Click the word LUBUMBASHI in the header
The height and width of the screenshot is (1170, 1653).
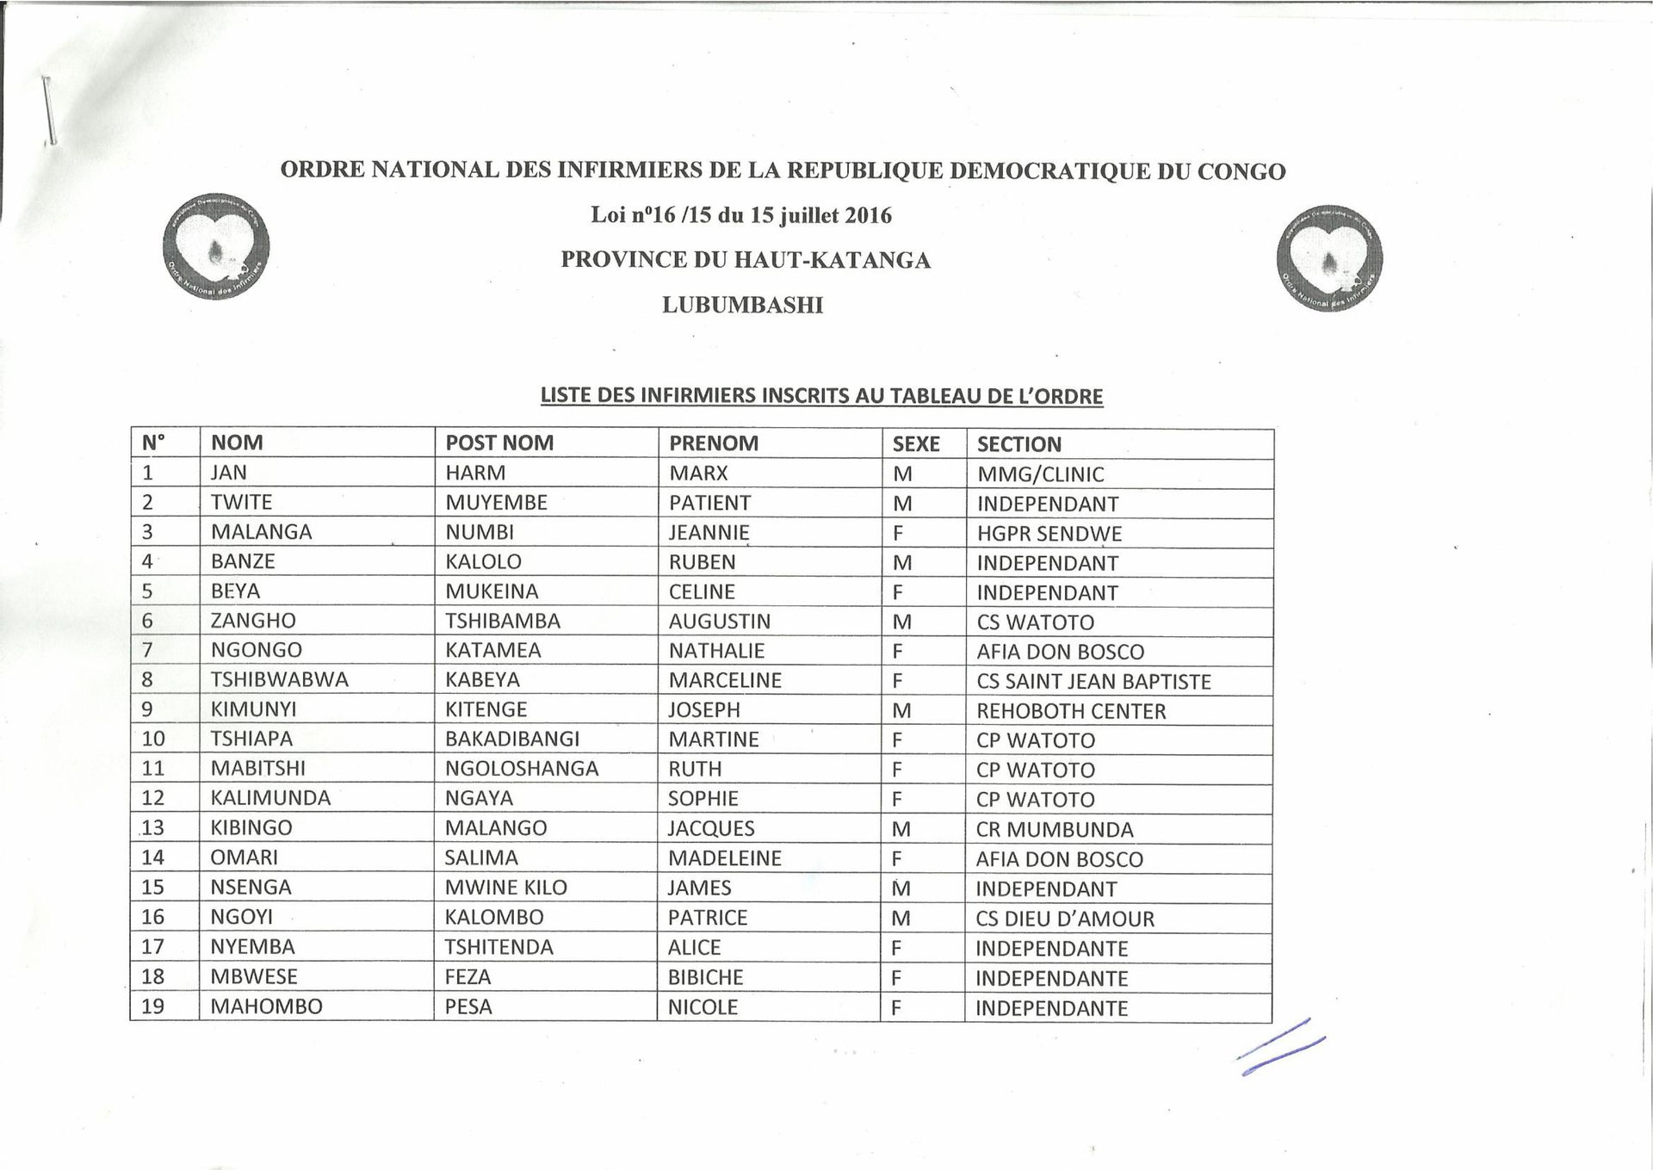pyautogui.click(x=742, y=305)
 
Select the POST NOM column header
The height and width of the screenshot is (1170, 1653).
pyautogui.click(x=499, y=443)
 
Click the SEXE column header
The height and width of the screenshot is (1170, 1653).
pyautogui.click(x=916, y=444)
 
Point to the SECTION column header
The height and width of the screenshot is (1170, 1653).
pyautogui.click(x=1019, y=444)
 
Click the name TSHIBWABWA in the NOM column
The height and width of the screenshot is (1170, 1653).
pyautogui.click(x=280, y=680)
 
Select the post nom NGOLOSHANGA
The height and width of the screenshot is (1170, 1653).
pyautogui.click(x=522, y=769)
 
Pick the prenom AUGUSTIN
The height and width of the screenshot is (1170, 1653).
pyautogui.click(x=720, y=622)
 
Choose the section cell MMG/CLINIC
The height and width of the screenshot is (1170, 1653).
pyautogui.click(x=1040, y=474)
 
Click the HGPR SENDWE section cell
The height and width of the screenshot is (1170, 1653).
pyautogui.click(x=1049, y=534)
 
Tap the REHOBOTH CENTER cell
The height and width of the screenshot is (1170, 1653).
pyautogui.click(x=1071, y=711)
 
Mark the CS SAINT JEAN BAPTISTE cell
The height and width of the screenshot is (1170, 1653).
pyautogui.click(x=1093, y=682)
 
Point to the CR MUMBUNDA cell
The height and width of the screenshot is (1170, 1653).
pyautogui.click(x=1055, y=830)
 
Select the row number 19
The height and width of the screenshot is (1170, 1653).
pyautogui.click(x=152, y=1006)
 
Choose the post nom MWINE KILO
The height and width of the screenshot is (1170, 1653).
pyautogui.click(x=506, y=888)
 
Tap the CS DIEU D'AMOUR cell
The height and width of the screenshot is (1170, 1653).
pyautogui.click(x=1065, y=919)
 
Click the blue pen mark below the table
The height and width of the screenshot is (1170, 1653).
pyautogui.click(x=1280, y=1048)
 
